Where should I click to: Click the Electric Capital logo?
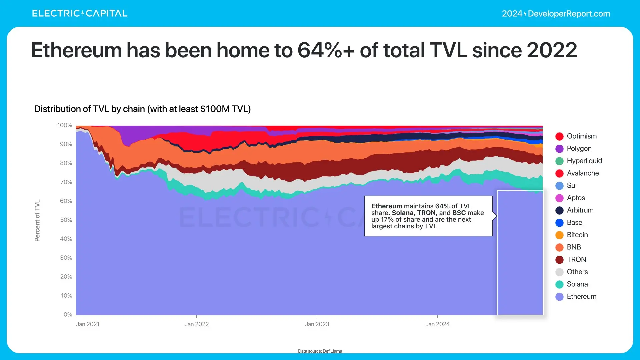pyautogui.click(x=80, y=13)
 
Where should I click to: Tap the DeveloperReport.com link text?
pyautogui.click(x=569, y=14)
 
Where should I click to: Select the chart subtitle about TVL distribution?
pyautogui.click(x=142, y=109)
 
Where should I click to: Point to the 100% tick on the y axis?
pyautogui.click(x=65, y=125)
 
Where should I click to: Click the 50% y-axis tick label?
pyautogui.click(x=66, y=220)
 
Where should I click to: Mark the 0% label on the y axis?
pyautogui.click(x=68, y=315)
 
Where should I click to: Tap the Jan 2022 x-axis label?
pyautogui.click(x=197, y=324)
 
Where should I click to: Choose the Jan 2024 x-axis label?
pyautogui.click(x=437, y=324)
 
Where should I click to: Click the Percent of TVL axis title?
pyautogui.click(x=37, y=220)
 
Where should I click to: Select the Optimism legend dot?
pyautogui.click(x=559, y=136)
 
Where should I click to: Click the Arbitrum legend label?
pyautogui.click(x=580, y=210)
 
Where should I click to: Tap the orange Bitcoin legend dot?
pyautogui.click(x=559, y=235)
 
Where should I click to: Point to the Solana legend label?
pyautogui.click(x=577, y=284)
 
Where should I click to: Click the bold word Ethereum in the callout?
pyautogui.click(x=387, y=206)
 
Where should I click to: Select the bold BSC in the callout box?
pyautogui.click(x=459, y=213)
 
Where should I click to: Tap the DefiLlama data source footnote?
pyautogui.click(x=320, y=351)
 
